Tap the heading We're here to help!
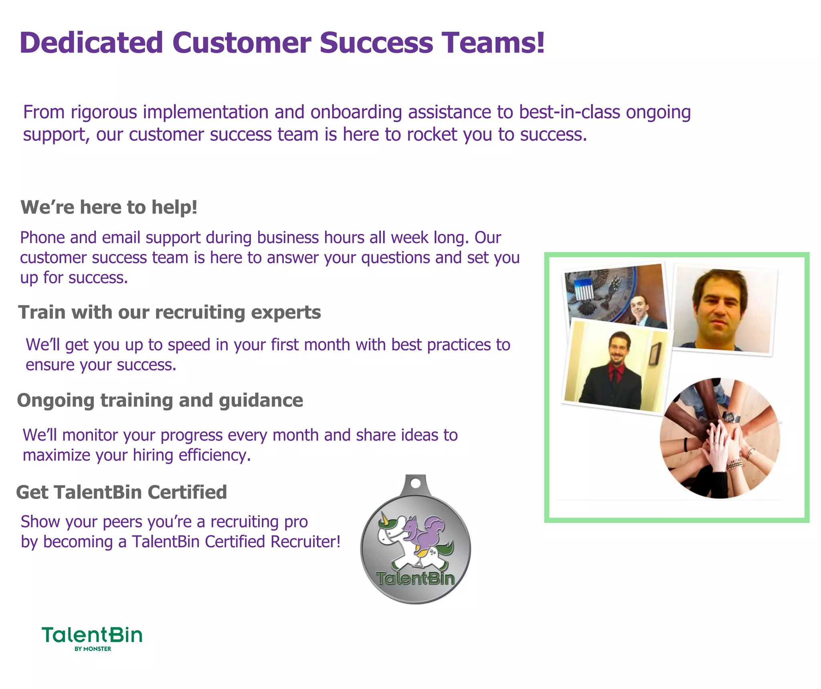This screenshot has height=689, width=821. point(109,208)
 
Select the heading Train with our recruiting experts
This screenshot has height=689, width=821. point(169,312)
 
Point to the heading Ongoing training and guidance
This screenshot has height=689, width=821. point(160,401)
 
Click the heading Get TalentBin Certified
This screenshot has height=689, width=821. point(121,492)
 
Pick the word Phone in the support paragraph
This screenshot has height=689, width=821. point(42,238)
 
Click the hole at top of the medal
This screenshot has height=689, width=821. point(416,483)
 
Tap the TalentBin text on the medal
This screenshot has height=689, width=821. point(415,578)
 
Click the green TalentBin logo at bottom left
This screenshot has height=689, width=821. point(92,635)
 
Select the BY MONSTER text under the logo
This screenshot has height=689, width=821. point(93,649)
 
